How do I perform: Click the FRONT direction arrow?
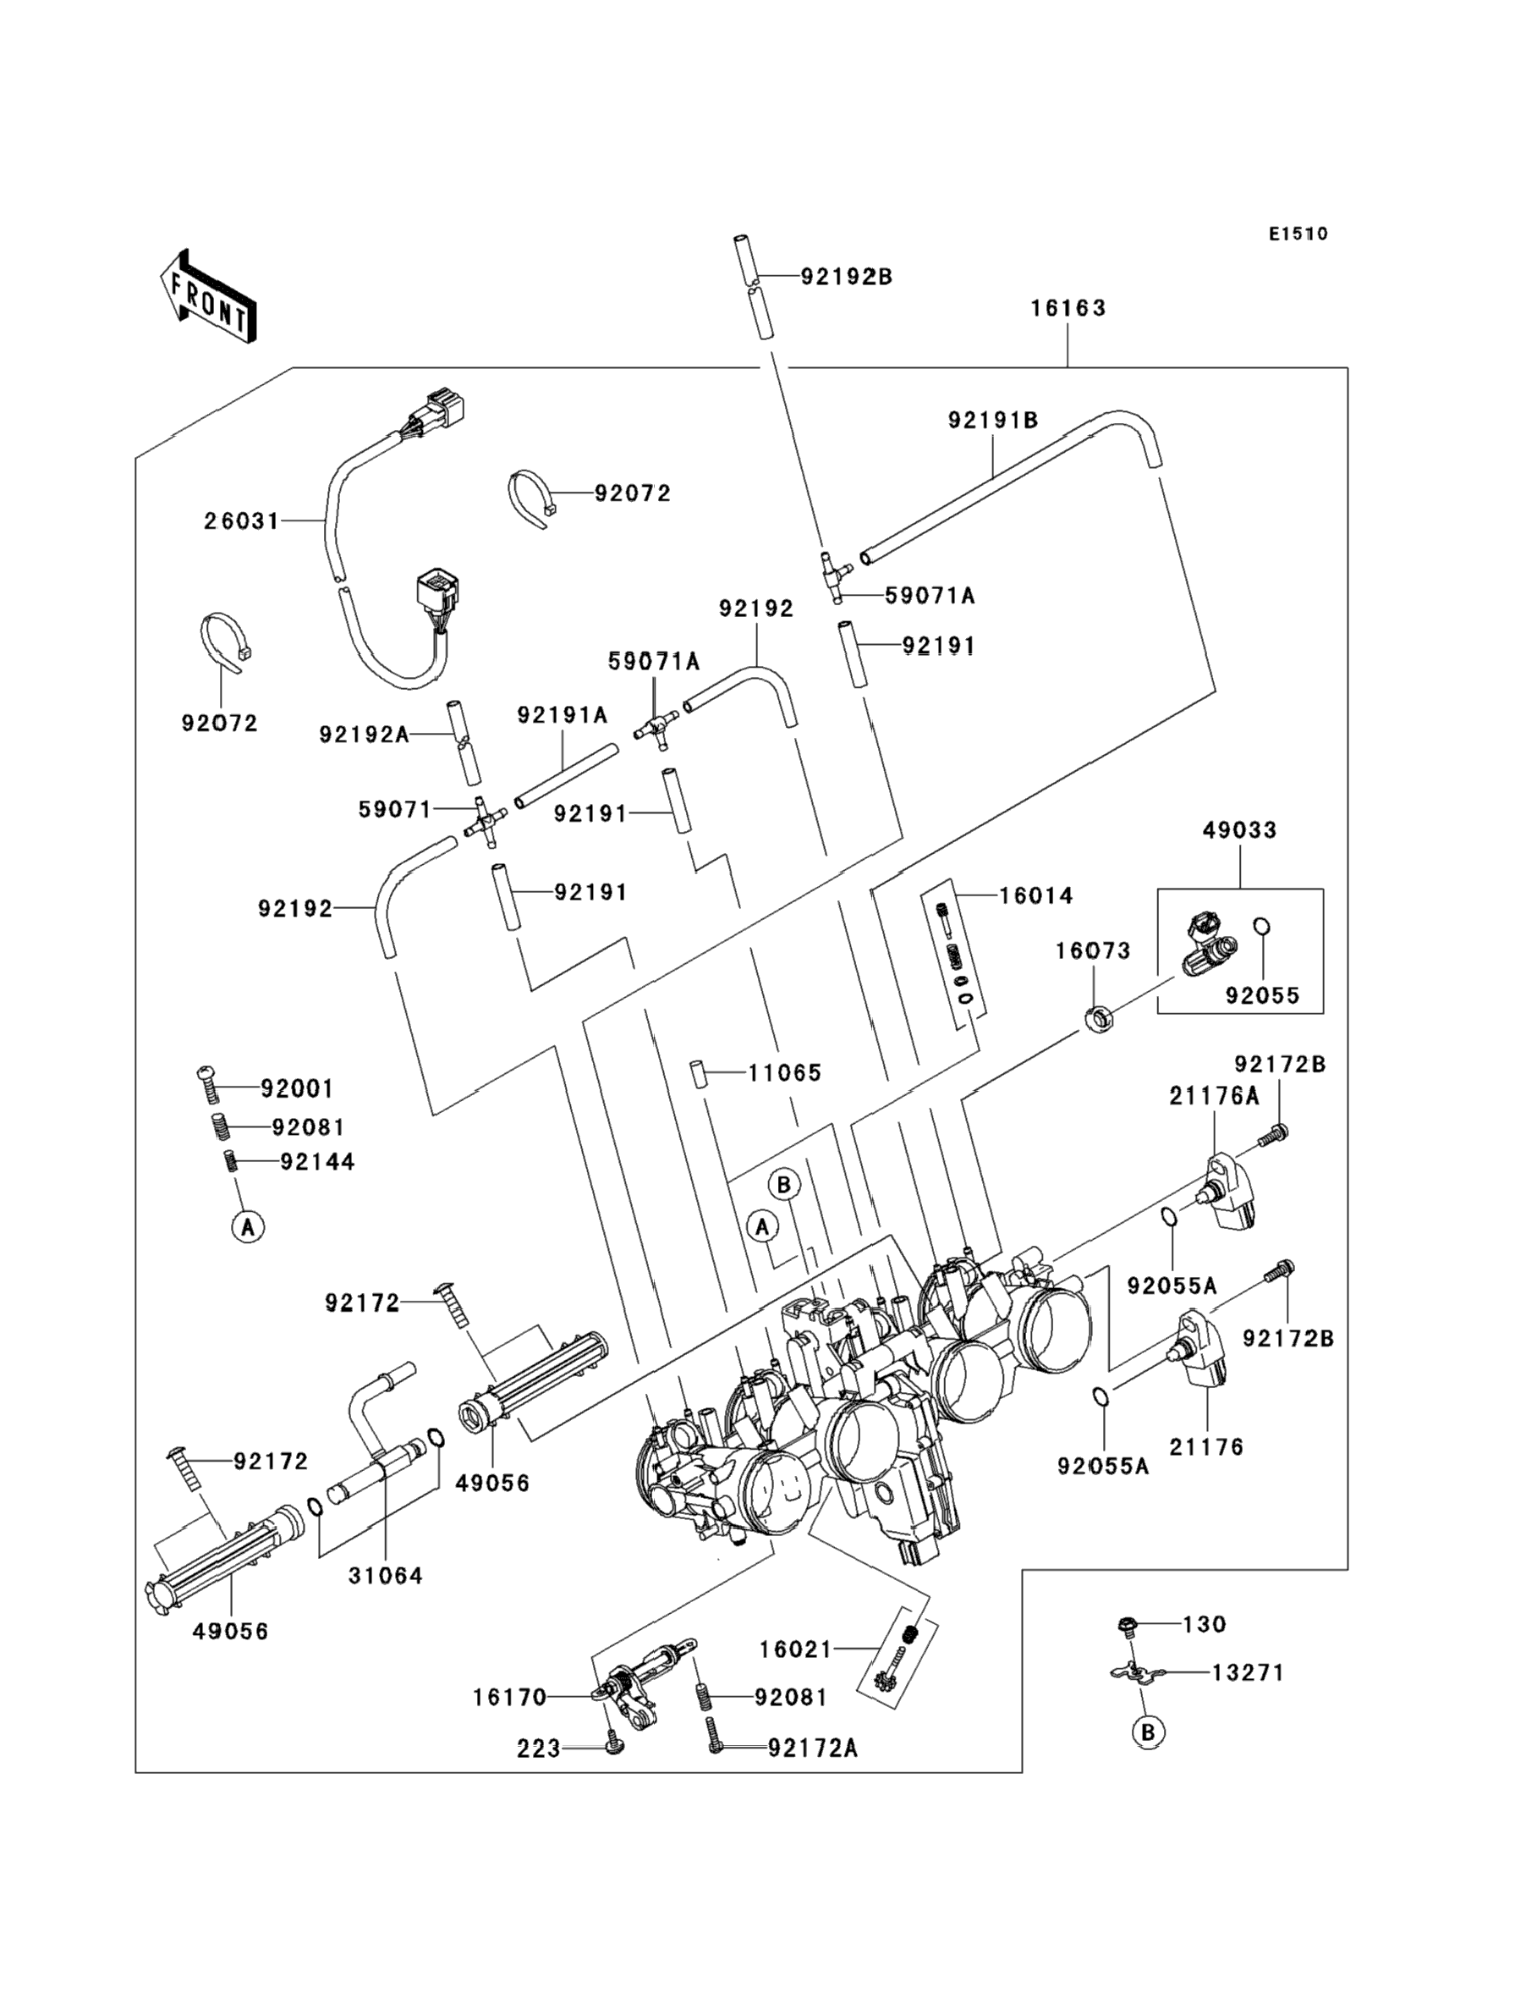208,297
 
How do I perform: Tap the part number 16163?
1068,308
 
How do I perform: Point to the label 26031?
241,521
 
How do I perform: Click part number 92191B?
993,421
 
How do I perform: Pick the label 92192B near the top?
847,277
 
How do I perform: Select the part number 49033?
1240,829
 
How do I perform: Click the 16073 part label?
1093,950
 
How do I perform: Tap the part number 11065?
785,1073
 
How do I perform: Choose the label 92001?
297,1088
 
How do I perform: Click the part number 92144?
317,1162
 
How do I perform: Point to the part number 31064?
385,1576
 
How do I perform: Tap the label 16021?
796,1649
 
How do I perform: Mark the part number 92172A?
813,1748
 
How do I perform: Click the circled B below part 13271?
1148,1732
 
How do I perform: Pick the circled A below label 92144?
248,1227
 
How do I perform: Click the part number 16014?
1035,896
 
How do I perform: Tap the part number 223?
539,1749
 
